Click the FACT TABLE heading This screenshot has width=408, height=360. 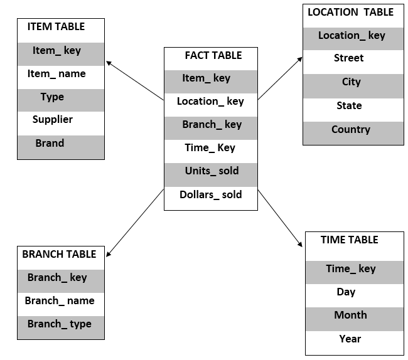point(213,55)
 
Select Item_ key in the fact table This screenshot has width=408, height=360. point(207,78)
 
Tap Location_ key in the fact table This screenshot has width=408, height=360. point(210,102)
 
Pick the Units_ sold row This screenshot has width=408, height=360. point(212,171)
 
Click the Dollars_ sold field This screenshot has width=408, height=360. point(210,194)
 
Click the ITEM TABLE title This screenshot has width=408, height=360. point(56,27)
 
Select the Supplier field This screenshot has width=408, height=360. point(53,119)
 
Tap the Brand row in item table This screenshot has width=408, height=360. point(50,143)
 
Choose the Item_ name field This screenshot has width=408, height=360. point(56,73)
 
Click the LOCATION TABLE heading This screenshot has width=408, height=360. point(350,12)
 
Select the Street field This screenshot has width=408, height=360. point(348,58)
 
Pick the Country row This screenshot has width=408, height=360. point(351,130)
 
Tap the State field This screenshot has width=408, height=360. point(349,105)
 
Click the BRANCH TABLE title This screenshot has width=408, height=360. point(59,254)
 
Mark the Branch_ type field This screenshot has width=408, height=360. point(59,324)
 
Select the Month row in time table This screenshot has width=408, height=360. point(350,315)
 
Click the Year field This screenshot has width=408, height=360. point(350,339)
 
